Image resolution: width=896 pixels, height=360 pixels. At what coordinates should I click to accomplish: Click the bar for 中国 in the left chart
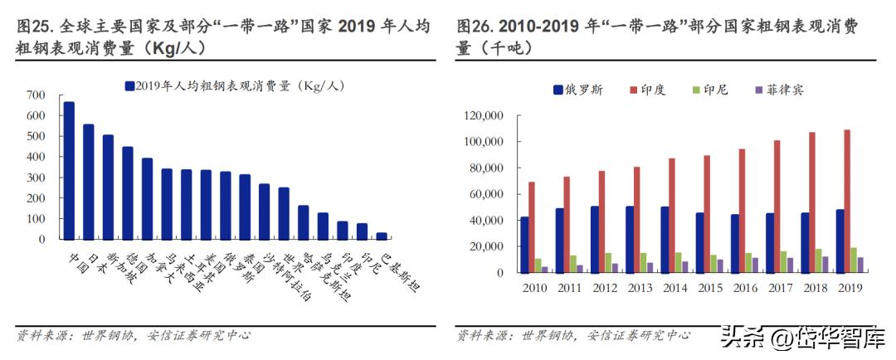tap(69, 170)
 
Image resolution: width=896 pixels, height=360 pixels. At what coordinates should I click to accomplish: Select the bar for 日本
tap(88, 182)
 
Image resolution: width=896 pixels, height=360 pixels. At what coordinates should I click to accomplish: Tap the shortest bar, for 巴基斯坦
tap(381, 236)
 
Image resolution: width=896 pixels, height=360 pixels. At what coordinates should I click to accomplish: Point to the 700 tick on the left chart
tap(36, 95)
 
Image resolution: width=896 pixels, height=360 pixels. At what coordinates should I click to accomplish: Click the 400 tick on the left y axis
tap(36, 157)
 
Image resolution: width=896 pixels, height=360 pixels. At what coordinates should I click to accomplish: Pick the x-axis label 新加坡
tap(100, 264)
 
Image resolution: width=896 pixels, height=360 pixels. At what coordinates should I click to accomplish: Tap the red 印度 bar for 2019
tap(847, 201)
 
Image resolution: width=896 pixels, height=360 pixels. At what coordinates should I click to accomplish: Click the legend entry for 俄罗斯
tap(577, 89)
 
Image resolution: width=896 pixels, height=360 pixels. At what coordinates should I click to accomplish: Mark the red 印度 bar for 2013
tap(637, 220)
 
